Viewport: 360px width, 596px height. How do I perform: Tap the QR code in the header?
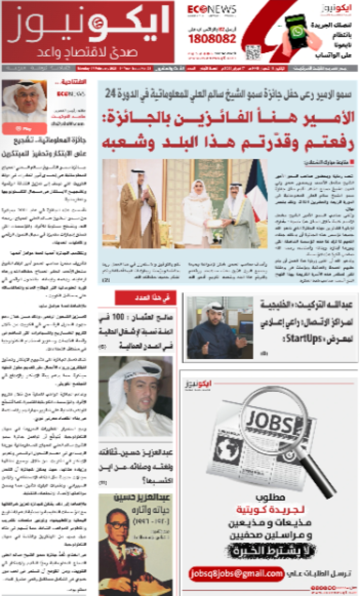click(251, 50)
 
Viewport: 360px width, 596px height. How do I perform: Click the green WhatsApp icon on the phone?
click(297, 32)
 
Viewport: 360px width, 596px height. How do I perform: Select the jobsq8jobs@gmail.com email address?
click(236, 574)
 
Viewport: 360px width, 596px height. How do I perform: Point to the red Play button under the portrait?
click(24, 128)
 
